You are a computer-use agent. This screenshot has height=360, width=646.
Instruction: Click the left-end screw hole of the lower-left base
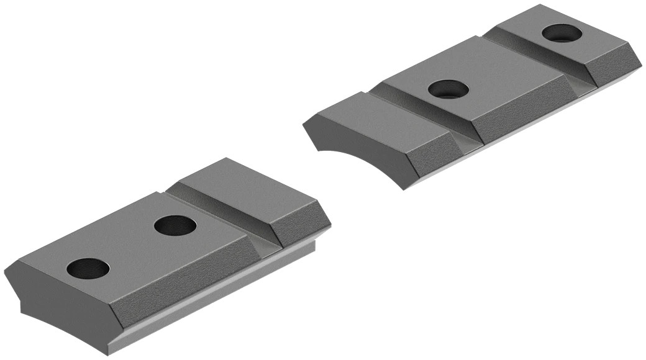[88, 268]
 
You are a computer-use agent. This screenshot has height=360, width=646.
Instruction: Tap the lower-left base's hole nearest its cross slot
[175, 225]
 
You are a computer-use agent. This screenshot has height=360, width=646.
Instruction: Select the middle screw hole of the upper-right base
[448, 89]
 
